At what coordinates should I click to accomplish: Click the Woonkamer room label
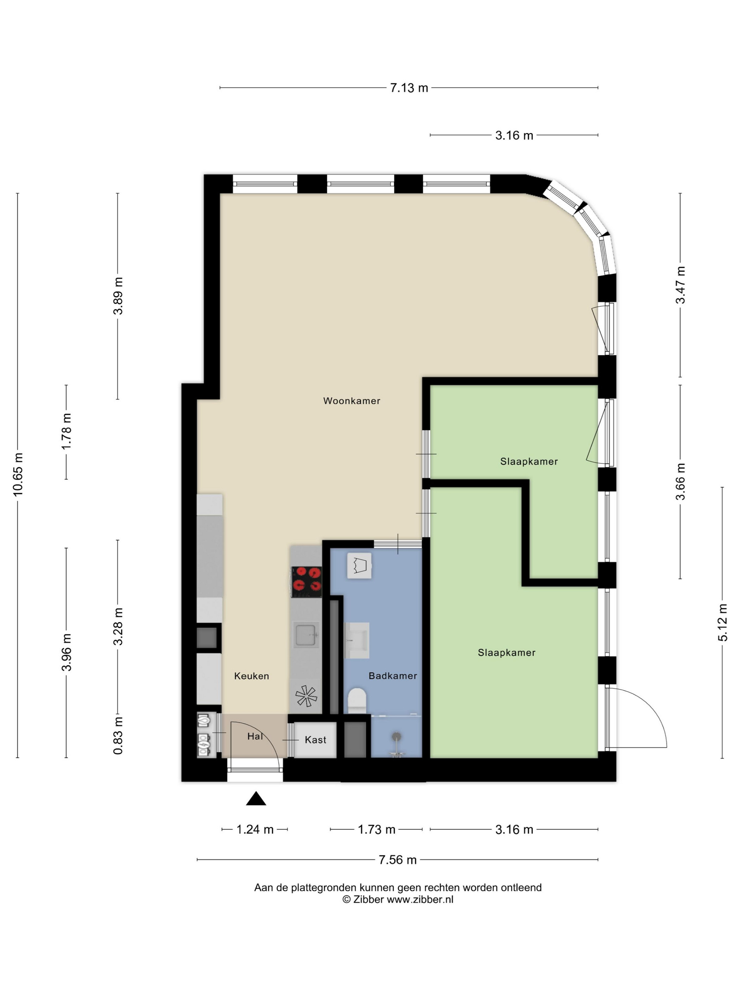pyautogui.click(x=351, y=401)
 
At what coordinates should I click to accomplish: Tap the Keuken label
pyautogui.click(x=252, y=676)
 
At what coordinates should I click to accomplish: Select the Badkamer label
pyautogui.click(x=393, y=676)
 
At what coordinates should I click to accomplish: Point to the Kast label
pyautogui.click(x=315, y=740)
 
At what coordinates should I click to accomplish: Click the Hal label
pyautogui.click(x=255, y=736)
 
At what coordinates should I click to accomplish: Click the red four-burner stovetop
pyautogui.click(x=307, y=581)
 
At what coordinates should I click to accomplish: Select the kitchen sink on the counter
pyautogui.click(x=306, y=635)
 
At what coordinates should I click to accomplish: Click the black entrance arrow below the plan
pyautogui.click(x=256, y=798)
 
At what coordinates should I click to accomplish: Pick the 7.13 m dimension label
pyautogui.click(x=409, y=88)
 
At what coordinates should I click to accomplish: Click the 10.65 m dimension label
pyautogui.click(x=18, y=475)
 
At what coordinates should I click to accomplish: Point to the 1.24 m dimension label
pyautogui.click(x=255, y=830)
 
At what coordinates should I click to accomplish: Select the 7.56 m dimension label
pyautogui.click(x=397, y=860)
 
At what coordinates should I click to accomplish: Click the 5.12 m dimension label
pyautogui.click(x=723, y=623)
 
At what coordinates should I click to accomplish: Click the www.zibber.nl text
pyautogui.click(x=420, y=899)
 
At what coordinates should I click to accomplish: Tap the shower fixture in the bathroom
pyautogui.click(x=396, y=744)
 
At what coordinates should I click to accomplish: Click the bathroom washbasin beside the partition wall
pyautogui.click(x=357, y=641)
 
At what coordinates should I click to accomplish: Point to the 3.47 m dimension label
pyautogui.click(x=680, y=285)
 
